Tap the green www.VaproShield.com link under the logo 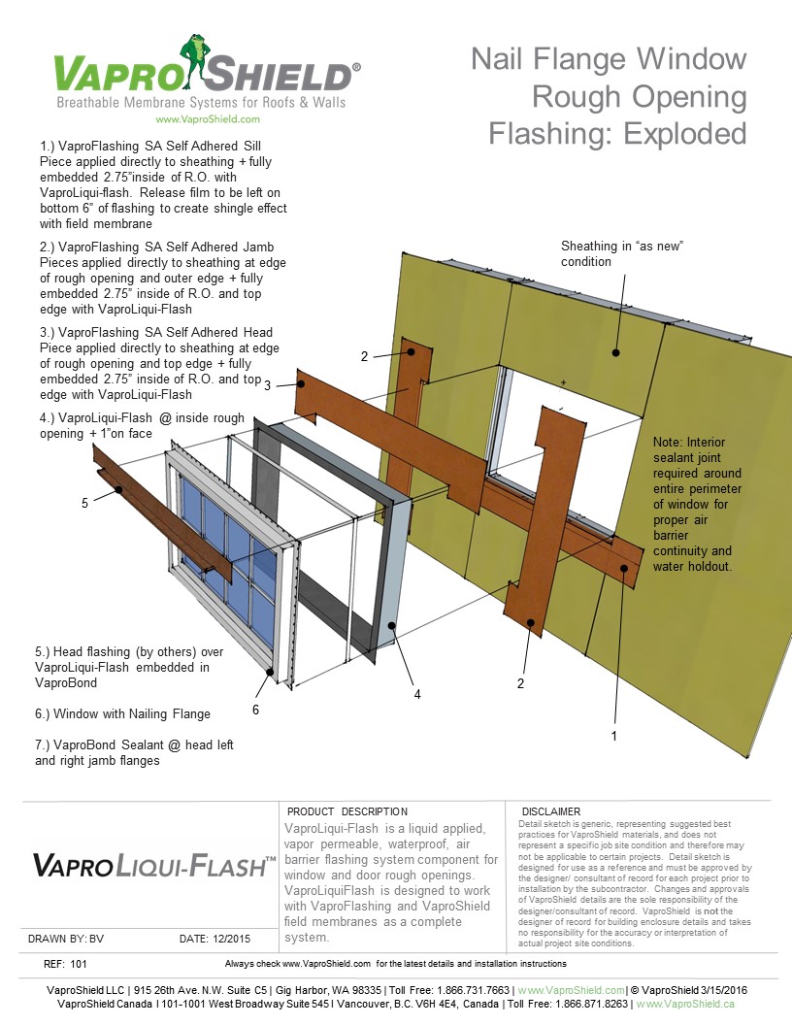click(207, 119)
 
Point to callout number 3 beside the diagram click(267, 385)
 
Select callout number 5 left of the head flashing click(85, 503)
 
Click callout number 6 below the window click(255, 710)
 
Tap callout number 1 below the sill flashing click(613, 737)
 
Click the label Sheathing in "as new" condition click(622, 254)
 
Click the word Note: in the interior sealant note click(671, 442)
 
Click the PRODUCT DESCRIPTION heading click(347, 811)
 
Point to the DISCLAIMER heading click(550, 811)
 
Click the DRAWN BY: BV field click(65, 939)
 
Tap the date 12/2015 click(228, 939)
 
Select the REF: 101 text click(66, 964)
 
